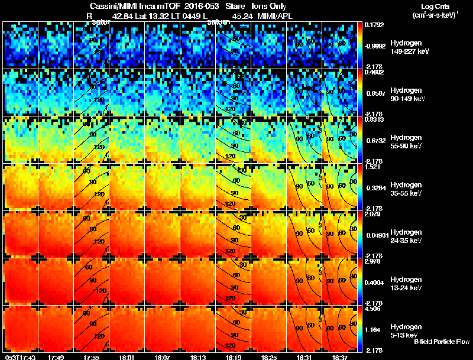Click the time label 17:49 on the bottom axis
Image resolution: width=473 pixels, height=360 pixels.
[x=56, y=357]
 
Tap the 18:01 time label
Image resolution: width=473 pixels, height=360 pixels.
[x=127, y=357]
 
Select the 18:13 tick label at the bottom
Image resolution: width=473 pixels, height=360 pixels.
[x=198, y=357]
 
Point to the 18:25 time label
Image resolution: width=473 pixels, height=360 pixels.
[x=269, y=357]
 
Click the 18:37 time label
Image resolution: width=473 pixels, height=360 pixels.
[x=340, y=357]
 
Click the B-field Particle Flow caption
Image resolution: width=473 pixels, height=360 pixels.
[x=440, y=342]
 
